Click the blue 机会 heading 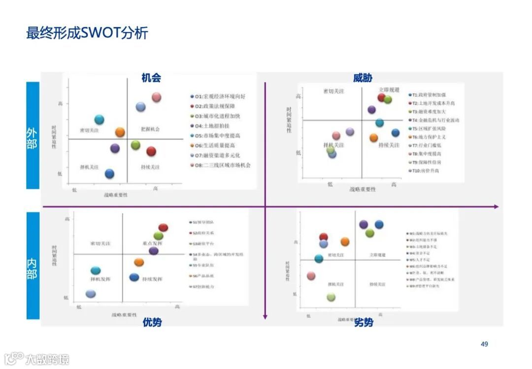(x=151, y=78)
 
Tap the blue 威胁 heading (x=363, y=78)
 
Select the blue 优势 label (x=152, y=322)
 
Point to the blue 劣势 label (x=364, y=323)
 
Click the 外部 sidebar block (x=33, y=135)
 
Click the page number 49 (x=484, y=344)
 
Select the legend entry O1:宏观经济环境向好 (x=219, y=96)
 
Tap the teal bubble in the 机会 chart (x=100, y=119)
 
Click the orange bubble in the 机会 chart (x=120, y=132)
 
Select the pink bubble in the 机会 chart (x=157, y=97)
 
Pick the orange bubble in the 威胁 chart (x=374, y=138)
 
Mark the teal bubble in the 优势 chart (x=96, y=270)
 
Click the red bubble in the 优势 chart (x=164, y=227)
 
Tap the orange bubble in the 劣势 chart (x=345, y=242)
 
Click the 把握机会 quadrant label (x=150, y=129)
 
